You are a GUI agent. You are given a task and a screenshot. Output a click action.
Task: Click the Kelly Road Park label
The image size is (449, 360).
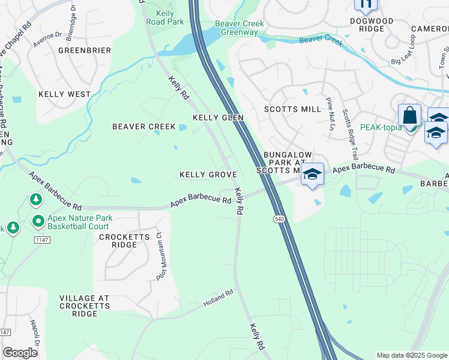(x=165, y=17)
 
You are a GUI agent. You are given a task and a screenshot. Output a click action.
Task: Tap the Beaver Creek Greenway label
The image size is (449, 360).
(x=240, y=28)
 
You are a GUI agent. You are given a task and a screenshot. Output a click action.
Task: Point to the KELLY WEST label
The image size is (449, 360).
(x=64, y=94)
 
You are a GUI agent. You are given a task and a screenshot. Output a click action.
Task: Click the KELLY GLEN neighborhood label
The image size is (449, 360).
(x=218, y=118)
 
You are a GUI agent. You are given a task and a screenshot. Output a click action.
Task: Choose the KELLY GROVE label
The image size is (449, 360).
(x=208, y=175)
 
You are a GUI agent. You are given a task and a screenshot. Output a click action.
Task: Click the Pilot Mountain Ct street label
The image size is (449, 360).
(x=161, y=257)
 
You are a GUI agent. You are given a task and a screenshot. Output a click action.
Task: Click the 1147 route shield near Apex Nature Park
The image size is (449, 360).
(x=41, y=240)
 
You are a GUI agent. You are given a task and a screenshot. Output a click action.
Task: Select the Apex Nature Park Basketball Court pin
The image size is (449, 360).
(x=38, y=221)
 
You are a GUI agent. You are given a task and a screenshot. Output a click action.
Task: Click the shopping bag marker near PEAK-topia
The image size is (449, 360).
(x=410, y=115)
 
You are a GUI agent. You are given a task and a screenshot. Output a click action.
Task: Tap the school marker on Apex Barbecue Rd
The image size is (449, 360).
(x=312, y=175)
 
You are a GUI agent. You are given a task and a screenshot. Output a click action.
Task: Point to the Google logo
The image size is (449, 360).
(x=20, y=353)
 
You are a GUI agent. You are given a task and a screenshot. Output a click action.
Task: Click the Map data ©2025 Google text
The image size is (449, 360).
(x=411, y=355)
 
